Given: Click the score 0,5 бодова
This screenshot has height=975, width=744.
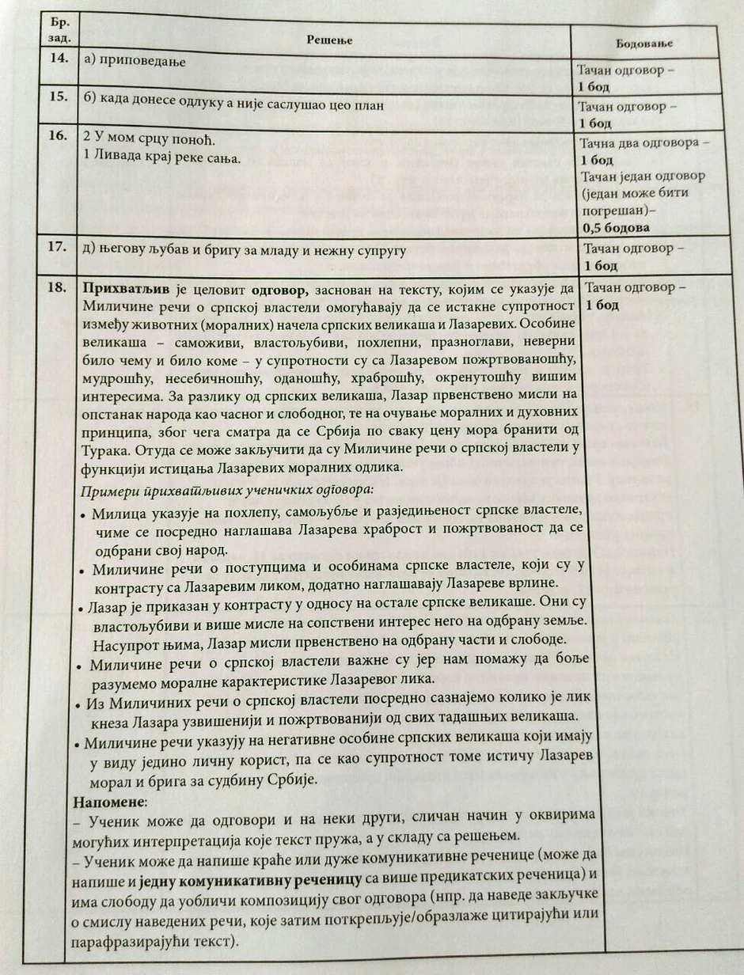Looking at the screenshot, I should pos(617,227).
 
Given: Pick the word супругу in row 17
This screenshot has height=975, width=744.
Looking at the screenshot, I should pos(378,251).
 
